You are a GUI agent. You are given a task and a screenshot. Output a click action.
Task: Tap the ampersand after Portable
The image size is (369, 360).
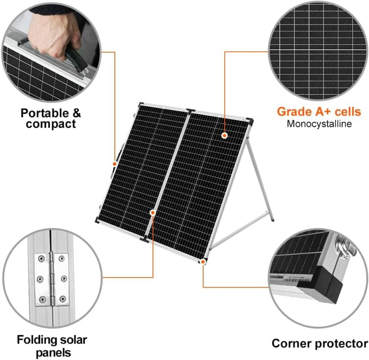[76, 113]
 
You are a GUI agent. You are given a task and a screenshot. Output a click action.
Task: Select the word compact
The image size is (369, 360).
[51, 124]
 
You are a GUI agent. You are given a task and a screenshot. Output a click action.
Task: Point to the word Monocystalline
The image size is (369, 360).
[319, 124]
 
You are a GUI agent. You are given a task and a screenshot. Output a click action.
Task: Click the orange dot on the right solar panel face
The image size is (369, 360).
[225, 135]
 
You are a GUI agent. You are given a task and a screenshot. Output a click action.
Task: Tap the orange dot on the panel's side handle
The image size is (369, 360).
[115, 163]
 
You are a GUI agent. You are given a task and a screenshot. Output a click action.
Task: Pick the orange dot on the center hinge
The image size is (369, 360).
[153, 213]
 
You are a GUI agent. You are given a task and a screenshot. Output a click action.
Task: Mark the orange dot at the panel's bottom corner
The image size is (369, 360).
[203, 261]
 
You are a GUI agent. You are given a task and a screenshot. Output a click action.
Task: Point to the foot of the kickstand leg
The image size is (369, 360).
[272, 220]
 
